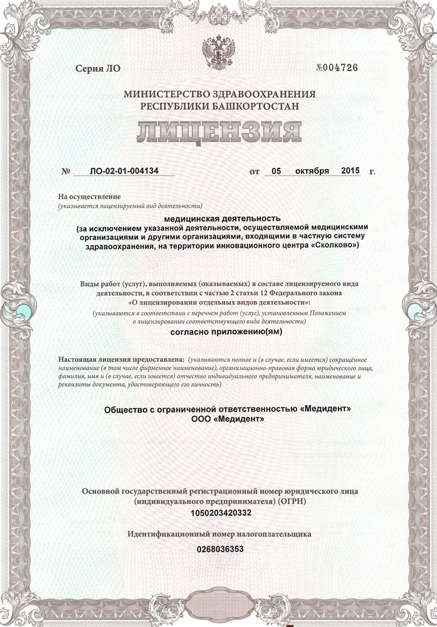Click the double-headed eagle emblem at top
[x=219, y=51]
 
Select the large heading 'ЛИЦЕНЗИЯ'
[x=219, y=132]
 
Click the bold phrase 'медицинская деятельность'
[x=218, y=218]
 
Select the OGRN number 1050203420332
[x=218, y=513]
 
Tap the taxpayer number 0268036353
[x=218, y=549]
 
